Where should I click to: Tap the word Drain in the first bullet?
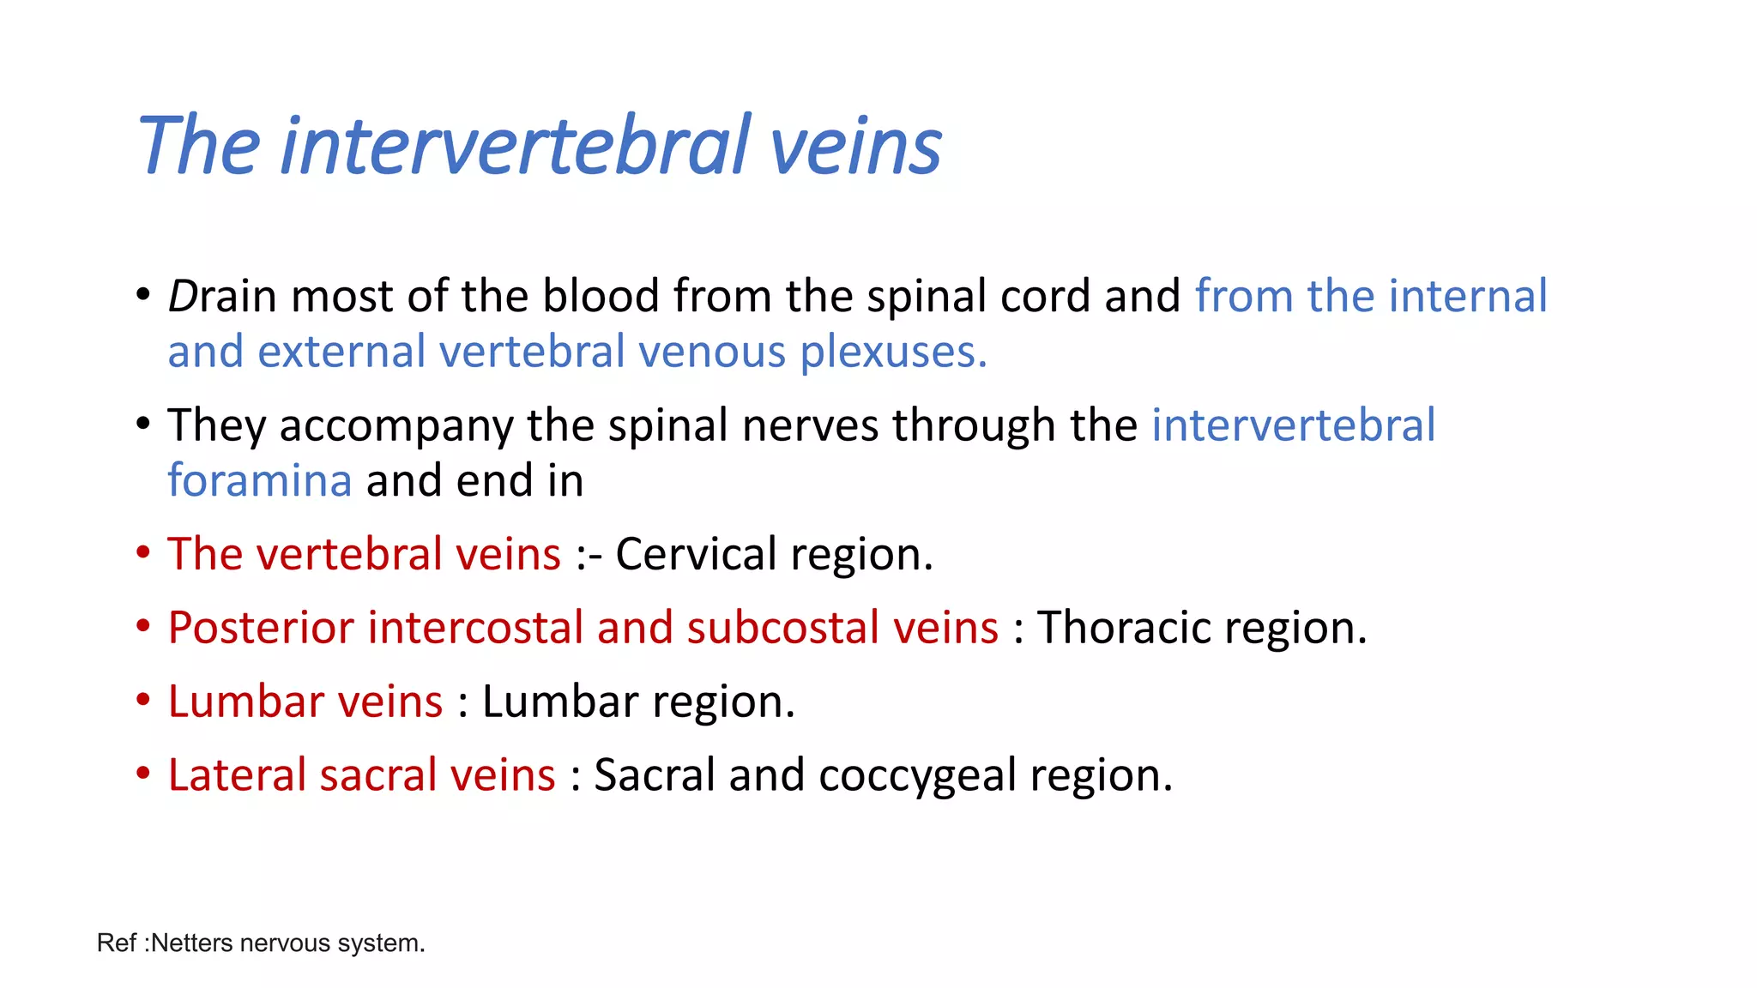(x=221, y=297)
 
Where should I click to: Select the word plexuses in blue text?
(x=893, y=352)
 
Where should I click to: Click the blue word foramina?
(x=259, y=480)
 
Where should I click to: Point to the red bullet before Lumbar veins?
(x=143, y=700)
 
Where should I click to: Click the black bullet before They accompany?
(x=143, y=424)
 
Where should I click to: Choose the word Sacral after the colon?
(x=654, y=775)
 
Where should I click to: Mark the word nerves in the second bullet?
(x=810, y=426)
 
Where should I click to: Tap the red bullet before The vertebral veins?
(x=143, y=552)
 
